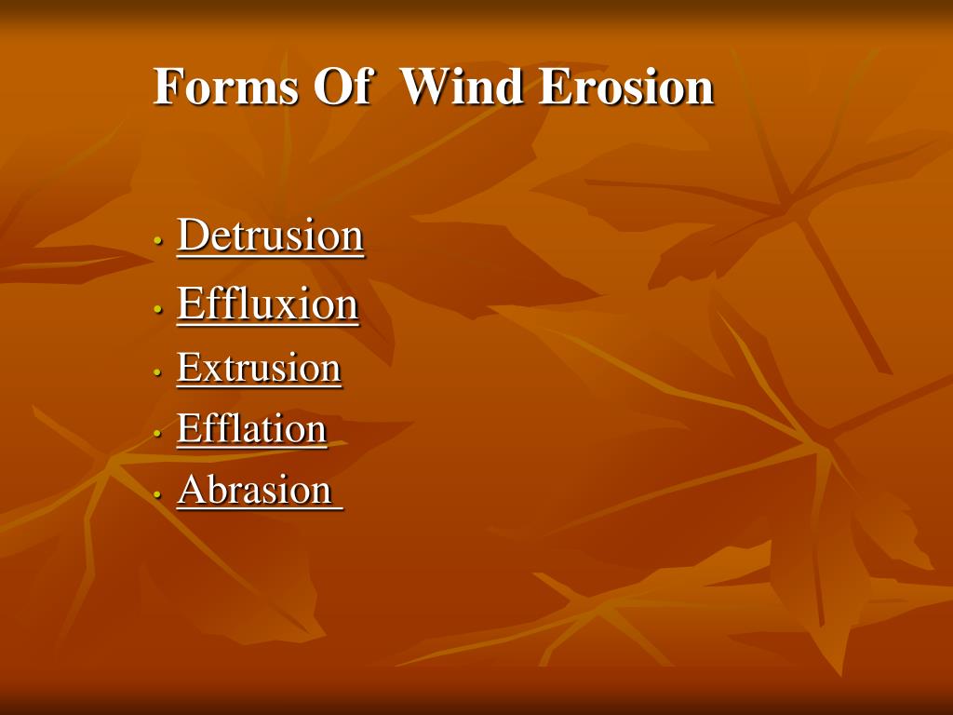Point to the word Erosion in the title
pyautogui.click(x=626, y=88)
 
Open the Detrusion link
pyautogui.click(x=270, y=236)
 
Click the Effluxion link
pyautogui.click(x=267, y=304)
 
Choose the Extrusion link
pyautogui.click(x=259, y=368)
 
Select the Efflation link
pyautogui.click(x=251, y=429)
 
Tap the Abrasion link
pyautogui.click(x=255, y=490)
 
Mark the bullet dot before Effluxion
pyautogui.click(x=158, y=309)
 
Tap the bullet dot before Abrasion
pyautogui.click(x=158, y=494)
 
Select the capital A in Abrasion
pyautogui.click(x=191, y=490)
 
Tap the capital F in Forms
pyautogui.click(x=168, y=88)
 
